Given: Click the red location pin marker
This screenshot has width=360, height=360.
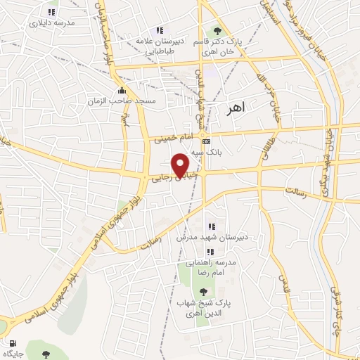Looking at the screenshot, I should (x=181, y=165).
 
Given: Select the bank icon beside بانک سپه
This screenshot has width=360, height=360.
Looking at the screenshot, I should (x=205, y=141).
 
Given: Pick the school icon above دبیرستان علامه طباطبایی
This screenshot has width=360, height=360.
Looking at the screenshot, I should (x=160, y=30).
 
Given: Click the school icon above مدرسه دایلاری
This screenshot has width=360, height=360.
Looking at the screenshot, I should (x=51, y=11).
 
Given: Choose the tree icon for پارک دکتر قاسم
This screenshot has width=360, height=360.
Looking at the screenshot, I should (x=217, y=30).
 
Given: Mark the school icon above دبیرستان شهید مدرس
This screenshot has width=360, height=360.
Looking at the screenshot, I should (x=212, y=226).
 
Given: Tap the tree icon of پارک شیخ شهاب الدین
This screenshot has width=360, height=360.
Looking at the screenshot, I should (x=204, y=291).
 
